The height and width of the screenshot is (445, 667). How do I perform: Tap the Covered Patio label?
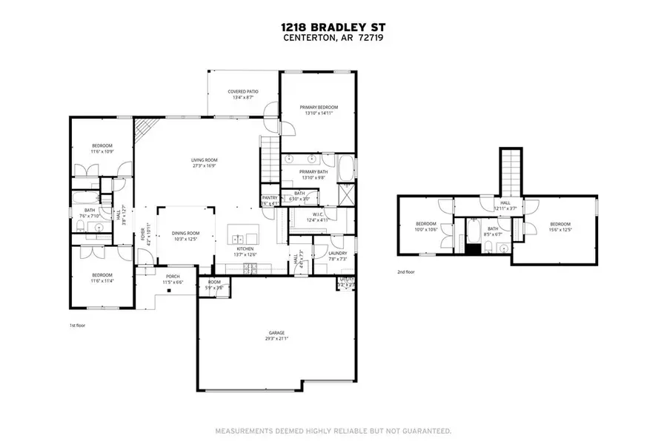(242, 91)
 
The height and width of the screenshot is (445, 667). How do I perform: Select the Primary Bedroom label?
(317, 108)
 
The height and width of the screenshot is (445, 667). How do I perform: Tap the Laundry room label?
(337, 253)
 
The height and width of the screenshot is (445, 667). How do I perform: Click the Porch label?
(173, 276)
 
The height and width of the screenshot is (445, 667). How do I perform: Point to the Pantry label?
(269, 197)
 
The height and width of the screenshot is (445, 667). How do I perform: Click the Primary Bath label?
(313, 171)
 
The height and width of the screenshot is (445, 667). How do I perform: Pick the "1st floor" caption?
(78, 325)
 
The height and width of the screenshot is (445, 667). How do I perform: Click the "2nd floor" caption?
(405, 272)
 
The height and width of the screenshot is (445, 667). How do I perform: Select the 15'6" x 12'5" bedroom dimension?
(560, 229)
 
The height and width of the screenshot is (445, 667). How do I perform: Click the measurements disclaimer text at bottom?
(333, 430)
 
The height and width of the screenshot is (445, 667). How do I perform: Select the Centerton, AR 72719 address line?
(333, 38)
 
